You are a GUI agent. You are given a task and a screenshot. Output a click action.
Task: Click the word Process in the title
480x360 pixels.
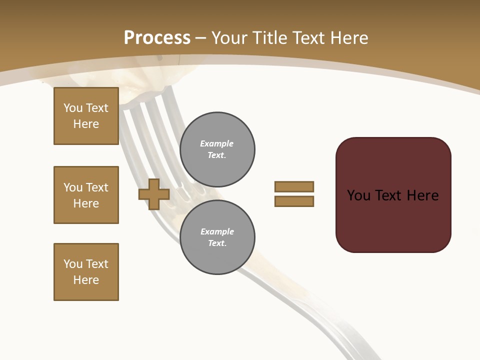point(157,38)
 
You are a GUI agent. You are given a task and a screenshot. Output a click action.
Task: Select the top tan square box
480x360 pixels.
point(86,116)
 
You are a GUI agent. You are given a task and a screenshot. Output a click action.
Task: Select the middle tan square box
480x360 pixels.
point(86,195)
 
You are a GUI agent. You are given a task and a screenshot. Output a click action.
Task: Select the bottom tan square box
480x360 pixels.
point(86,272)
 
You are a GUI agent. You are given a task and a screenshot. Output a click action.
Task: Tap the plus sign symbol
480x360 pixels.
point(154,194)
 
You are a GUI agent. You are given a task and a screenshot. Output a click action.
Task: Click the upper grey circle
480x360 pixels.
point(217,149)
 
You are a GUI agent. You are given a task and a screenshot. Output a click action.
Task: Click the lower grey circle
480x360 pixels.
point(217,237)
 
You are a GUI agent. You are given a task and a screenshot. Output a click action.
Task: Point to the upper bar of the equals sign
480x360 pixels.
point(294,186)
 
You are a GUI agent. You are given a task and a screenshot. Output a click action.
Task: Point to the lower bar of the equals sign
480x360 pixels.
point(294,201)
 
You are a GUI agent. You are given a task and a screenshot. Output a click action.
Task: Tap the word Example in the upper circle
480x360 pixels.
point(216,143)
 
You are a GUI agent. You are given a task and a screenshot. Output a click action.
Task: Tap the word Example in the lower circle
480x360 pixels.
point(217,231)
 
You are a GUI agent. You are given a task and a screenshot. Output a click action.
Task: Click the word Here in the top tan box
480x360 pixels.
point(86,124)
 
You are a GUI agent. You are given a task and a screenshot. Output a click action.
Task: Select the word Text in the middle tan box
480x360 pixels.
point(97,187)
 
